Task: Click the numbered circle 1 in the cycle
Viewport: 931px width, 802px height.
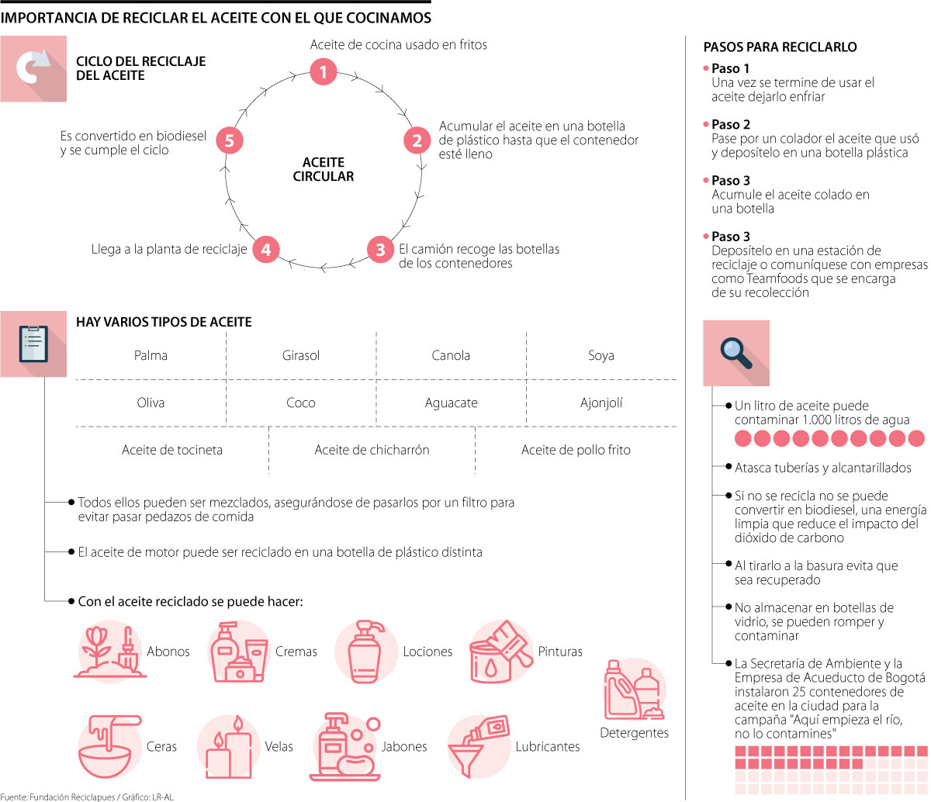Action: (323, 72)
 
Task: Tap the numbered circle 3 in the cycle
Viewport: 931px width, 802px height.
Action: (380, 250)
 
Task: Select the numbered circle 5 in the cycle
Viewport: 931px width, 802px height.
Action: (229, 140)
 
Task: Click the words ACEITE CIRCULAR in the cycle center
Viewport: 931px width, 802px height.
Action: (324, 169)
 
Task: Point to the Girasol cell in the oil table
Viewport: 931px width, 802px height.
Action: (301, 355)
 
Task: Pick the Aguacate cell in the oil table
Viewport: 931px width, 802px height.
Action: (451, 403)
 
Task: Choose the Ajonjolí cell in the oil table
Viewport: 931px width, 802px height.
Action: (601, 403)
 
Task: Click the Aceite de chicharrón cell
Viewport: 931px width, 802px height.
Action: (372, 450)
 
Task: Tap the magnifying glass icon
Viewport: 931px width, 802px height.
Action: (735, 352)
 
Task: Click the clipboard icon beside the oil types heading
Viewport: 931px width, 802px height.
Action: (33, 344)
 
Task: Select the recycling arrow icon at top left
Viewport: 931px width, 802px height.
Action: (33, 68)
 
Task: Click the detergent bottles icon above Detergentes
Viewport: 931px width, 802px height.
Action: (633, 689)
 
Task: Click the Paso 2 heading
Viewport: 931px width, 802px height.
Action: (731, 124)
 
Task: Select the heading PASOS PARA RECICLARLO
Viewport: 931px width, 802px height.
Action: (780, 47)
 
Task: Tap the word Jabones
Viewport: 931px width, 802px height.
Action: (403, 746)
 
